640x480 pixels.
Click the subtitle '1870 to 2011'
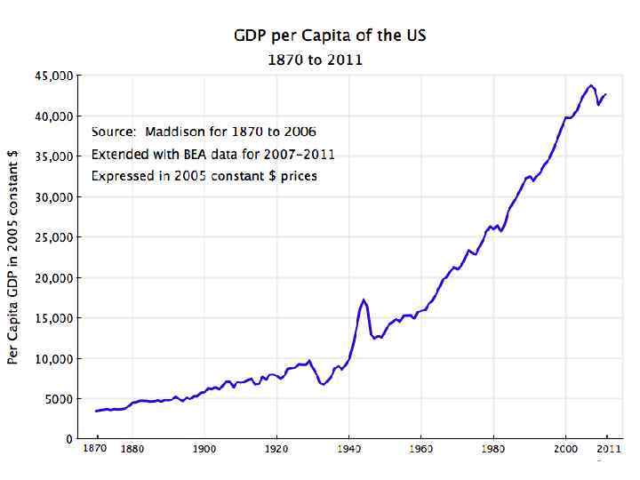[x=316, y=60]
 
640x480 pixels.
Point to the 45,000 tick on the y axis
[x=54, y=76]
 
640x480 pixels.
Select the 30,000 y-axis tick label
[x=54, y=197]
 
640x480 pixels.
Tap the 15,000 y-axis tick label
[x=54, y=318]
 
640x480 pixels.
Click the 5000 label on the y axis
[x=58, y=399]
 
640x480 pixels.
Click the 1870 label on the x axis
[x=95, y=448]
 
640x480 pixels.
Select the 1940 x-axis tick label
[x=349, y=449]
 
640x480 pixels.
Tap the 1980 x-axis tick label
[x=493, y=449]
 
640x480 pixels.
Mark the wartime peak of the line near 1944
[x=364, y=300]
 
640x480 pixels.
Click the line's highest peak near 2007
[x=591, y=85]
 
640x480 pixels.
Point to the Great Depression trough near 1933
[x=324, y=384]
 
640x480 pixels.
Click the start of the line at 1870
[x=95, y=411]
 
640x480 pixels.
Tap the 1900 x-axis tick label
[x=204, y=449]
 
